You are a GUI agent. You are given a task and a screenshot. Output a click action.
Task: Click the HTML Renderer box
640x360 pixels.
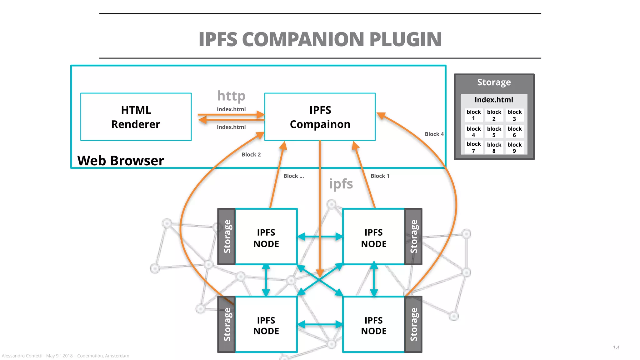136,117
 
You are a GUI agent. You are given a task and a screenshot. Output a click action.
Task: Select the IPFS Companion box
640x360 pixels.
320,117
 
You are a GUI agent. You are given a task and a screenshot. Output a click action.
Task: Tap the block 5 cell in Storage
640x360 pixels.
494,132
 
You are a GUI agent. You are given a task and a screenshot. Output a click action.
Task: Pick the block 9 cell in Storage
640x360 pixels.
514,147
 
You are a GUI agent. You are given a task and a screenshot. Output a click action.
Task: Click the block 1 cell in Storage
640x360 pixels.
473,115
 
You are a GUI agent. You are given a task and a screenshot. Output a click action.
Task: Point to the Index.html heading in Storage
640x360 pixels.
494,100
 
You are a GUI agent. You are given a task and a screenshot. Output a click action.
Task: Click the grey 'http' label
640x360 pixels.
231,96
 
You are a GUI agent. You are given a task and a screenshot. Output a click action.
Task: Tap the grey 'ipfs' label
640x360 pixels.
341,184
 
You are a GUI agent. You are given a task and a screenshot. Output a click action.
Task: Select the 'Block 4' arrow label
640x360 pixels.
434,134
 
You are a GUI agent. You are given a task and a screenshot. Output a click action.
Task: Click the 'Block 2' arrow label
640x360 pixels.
251,154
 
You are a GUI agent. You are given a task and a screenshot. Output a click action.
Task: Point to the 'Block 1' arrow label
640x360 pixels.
380,176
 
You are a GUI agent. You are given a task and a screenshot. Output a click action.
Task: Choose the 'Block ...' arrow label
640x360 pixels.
293,176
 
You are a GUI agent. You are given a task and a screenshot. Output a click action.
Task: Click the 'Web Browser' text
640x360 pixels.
121,161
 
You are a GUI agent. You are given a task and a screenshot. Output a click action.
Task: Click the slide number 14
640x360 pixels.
616,348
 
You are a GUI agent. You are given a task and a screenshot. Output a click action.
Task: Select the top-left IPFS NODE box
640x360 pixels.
266,237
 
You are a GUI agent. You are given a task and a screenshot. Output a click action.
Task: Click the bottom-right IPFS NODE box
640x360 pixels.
373,325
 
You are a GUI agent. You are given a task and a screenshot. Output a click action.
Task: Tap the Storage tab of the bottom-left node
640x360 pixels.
227,324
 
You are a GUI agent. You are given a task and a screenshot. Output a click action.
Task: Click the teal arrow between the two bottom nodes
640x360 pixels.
320,324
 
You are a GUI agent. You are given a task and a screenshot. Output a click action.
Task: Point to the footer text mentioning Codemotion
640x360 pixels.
65,356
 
